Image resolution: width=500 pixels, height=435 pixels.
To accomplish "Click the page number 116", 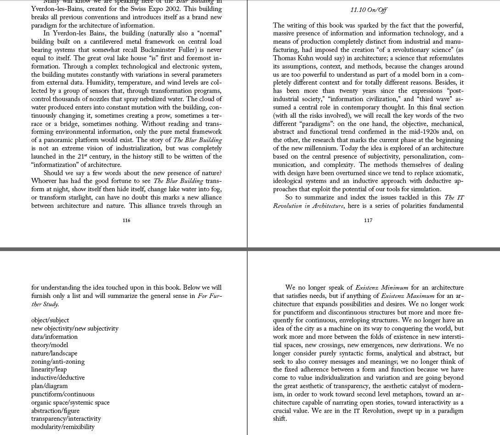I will click(126, 220).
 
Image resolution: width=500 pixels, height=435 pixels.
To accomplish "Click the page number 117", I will click(368, 220).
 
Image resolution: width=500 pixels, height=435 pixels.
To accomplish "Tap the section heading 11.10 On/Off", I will click(368, 10).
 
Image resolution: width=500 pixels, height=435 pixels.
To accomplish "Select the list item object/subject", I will click(50, 320).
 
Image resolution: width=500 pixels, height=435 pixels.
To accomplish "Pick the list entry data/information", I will click(54, 337).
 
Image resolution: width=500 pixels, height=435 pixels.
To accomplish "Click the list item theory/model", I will click(49, 345).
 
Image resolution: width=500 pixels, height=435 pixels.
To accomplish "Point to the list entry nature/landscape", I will click(54, 353).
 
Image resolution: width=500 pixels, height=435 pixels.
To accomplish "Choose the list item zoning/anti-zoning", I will click(58, 361).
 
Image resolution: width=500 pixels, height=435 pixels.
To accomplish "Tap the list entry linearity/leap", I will click(49, 369).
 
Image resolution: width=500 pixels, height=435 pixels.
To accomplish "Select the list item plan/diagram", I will click(49, 386).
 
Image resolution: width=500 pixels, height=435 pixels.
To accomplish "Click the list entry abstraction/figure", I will click(55, 411).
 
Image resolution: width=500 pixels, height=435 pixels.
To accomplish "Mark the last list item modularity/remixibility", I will click(63, 427).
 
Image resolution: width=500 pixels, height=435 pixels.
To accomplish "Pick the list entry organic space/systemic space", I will click(70, 402).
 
